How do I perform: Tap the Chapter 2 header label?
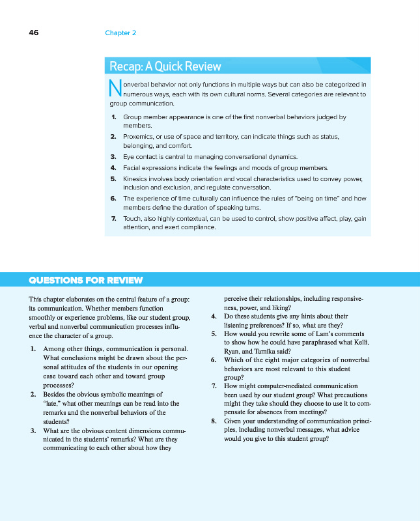click(x=120, y=33)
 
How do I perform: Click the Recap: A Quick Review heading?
click(x=165, y=66)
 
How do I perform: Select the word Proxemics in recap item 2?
click(x=138, y=137)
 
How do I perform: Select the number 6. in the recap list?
click(x=113, y=198)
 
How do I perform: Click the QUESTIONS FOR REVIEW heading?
click(x=86, y=281)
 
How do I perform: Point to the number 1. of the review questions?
click(x=33, y=348)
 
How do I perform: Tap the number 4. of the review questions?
click(x=214, y=317)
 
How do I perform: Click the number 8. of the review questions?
click(x=214, y=421)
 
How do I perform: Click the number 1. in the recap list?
click(x=113, y=117)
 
